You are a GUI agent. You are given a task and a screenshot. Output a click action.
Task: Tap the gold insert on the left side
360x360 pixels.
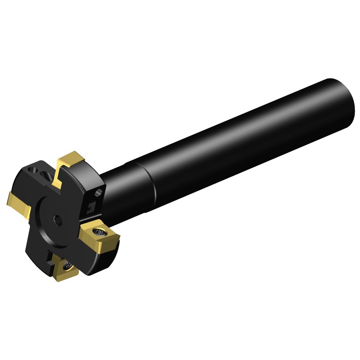coord(19,202)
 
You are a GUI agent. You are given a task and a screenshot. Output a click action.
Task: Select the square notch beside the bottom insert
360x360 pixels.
coord(51,261)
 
